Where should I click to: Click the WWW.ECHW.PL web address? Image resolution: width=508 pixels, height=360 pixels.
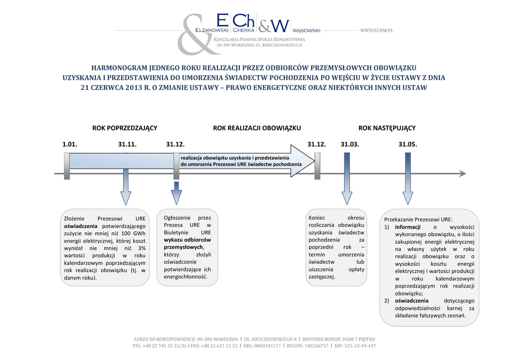point(377,31)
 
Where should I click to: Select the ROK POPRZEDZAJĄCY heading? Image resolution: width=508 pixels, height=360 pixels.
point(125,128)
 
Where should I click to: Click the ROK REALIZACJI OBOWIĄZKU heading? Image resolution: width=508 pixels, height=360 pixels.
point(257,128)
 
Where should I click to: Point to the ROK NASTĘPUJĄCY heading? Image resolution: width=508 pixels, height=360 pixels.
point(387,128)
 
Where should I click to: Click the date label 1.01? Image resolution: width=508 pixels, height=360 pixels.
point(69,144)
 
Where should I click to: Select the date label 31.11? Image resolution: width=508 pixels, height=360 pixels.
point(127,144)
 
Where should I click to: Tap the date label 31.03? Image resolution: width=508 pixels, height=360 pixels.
point(350,144)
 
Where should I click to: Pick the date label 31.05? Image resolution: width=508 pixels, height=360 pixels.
point(408,144)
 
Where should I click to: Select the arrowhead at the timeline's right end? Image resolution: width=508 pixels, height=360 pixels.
point(462,173)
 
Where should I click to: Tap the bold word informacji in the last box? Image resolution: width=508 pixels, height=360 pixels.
point(408,227)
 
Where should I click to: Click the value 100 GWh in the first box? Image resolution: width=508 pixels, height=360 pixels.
point(133,233)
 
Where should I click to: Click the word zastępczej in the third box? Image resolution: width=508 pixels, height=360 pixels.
point(321,277)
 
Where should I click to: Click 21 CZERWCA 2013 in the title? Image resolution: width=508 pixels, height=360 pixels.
point(110,88)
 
